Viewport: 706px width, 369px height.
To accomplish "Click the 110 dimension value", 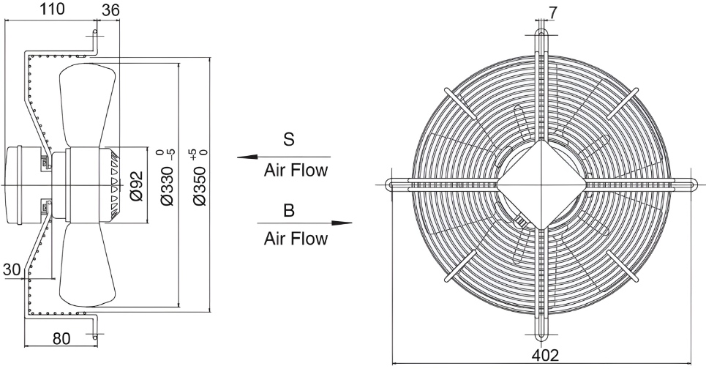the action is (x=52, y=9).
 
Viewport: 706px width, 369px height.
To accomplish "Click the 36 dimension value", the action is (x=110, y=10).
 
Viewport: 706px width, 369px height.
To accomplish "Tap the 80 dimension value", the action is (x=61, y=338).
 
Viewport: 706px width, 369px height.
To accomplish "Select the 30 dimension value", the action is (x=12, y=269).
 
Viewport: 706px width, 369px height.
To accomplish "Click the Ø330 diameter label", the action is (x=167, y=186).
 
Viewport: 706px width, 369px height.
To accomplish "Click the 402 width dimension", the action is (x=545, y=356).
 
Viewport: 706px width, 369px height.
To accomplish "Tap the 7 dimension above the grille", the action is (x=553, y=12).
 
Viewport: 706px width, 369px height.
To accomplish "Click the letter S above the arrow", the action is (x=288, y=139).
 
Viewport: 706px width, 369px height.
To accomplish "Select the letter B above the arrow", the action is (x=288, y=210).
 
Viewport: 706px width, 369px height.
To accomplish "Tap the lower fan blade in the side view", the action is (x=86, y=264).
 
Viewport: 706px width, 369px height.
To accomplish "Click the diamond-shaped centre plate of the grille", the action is (x=541, y=184).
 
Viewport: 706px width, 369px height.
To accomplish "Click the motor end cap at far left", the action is (x=12, y=184).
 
